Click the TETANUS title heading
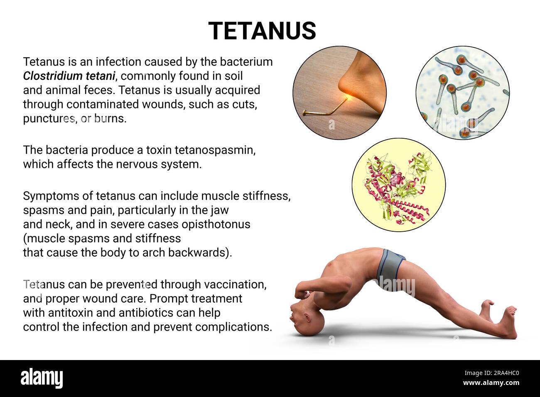coord(262,30)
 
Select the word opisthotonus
coord(217,224)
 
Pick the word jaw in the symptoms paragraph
coord(219,210)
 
